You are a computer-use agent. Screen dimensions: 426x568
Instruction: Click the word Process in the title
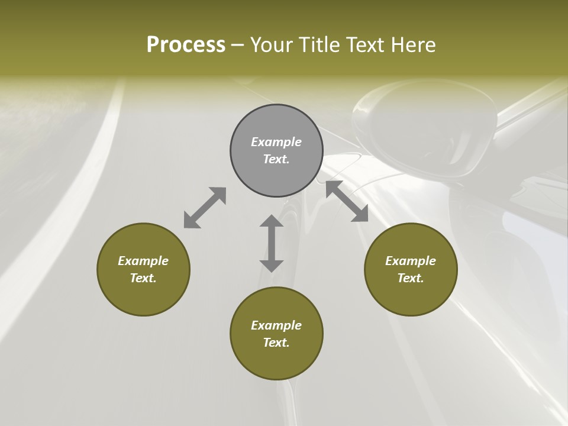pos(186,44)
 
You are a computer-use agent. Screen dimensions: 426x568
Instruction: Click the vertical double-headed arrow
pos(272,244)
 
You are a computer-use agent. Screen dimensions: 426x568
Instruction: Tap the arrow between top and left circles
pos(205,208)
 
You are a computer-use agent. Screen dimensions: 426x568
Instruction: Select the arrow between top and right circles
pos(347,201)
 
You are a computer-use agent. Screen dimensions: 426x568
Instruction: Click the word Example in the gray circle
pos(276,142)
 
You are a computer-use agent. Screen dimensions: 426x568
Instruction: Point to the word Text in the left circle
pos(143,278)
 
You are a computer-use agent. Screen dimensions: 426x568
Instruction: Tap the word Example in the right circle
pos(411,261)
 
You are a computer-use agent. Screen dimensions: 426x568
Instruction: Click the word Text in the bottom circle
pos(276,343)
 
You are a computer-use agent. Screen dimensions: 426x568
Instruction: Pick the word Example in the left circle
pos(143,261)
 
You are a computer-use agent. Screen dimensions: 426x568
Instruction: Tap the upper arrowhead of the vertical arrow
pos(272,221)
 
